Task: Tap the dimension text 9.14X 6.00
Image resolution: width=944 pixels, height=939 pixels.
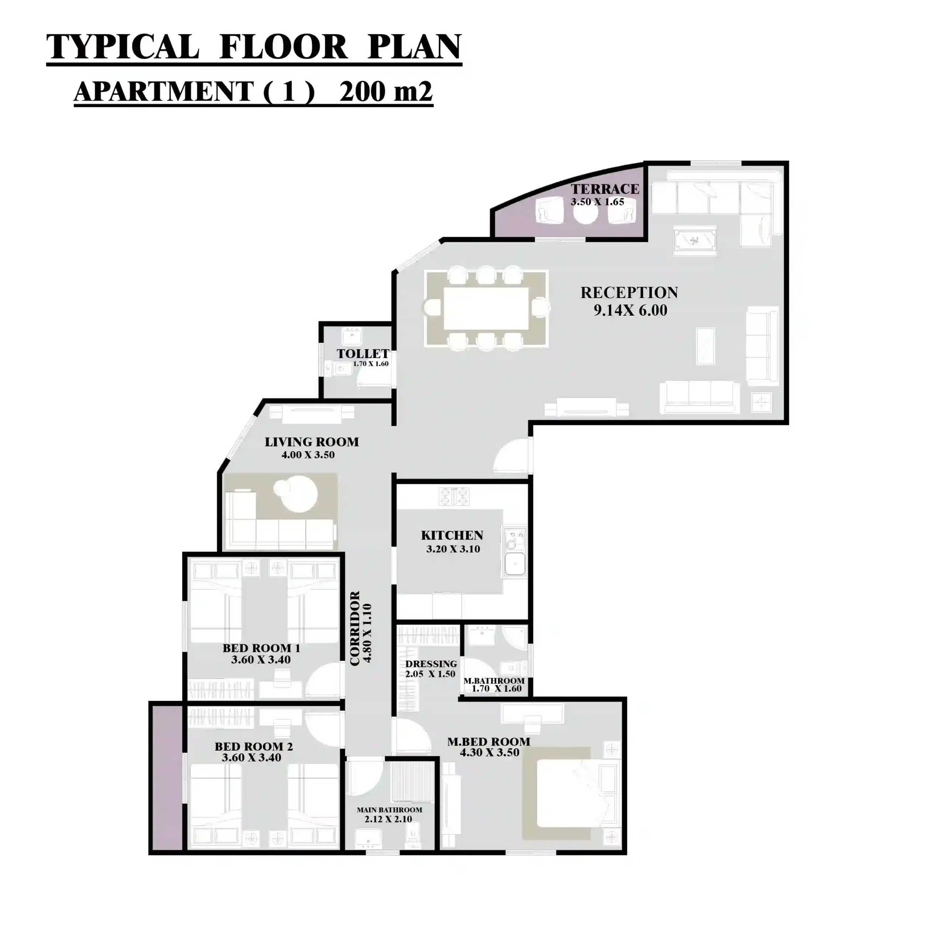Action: pos(630,311)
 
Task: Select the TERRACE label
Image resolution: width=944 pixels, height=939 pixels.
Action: pos(605,189)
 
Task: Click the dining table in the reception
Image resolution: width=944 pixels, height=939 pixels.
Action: pos(486,308)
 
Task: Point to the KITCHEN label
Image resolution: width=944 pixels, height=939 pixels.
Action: pos(452,535)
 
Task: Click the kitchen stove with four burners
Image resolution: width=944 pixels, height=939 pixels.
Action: pos(454,497)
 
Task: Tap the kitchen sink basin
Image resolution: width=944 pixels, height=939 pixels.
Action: pos(514,564)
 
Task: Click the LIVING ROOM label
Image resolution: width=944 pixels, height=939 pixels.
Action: pos(312,442)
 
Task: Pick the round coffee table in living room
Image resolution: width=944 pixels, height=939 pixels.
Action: pos(295,495)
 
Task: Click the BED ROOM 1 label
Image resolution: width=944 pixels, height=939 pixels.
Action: pos(261,648)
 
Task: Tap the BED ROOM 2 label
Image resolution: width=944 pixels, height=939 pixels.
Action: pos(254,746)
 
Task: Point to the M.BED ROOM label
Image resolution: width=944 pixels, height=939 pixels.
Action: pos(489,742)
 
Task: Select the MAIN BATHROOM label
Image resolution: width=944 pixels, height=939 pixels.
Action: pos(389,810)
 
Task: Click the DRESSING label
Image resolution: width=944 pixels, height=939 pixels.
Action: pos(431,664)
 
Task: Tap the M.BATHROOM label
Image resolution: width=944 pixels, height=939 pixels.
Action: pos(494,681)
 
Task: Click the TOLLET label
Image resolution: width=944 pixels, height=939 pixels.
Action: pos(362,353)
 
